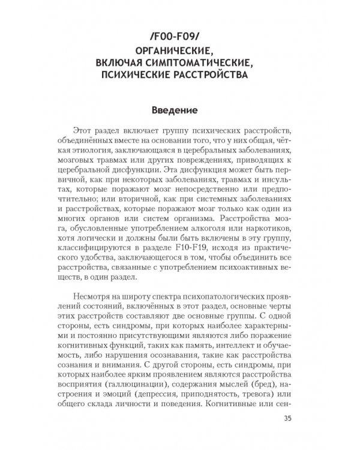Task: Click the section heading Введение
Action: tap(180, 111)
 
